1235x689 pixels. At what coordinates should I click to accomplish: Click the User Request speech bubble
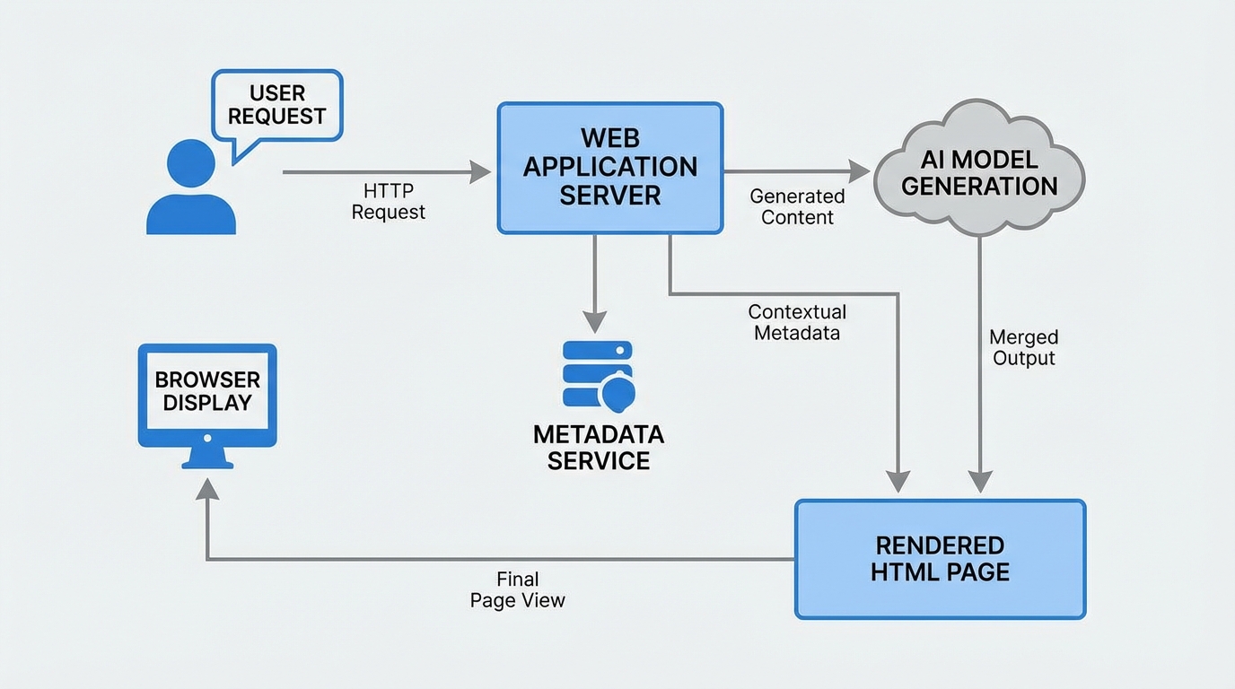coord(276,105)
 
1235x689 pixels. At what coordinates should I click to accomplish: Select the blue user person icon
coord(191,190)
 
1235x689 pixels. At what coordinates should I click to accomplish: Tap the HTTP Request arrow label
coord(388,202)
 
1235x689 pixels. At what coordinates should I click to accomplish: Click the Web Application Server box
coord(609,168)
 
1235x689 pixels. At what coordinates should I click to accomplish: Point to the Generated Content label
coord(797,206)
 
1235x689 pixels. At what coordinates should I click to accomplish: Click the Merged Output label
coord(1023,348)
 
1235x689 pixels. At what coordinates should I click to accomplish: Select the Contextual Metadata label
coord(797,322)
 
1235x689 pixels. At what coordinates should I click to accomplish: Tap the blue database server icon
coord(598,374)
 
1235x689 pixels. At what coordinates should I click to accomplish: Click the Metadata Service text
coord(598,448)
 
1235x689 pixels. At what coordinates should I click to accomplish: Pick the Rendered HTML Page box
coord(940,559)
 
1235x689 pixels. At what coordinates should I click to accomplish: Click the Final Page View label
coord(518,590)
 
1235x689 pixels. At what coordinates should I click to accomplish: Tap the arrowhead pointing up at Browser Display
coord(207,489)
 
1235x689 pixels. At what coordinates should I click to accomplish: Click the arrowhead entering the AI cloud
coord(859,171)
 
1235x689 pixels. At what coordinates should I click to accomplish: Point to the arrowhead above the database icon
coord(594,322)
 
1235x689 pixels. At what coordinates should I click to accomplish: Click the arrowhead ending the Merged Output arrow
coord(979,482)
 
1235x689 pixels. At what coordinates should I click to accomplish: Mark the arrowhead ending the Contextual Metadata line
coord(898,482)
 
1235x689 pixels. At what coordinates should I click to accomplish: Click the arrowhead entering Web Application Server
coord(480,172)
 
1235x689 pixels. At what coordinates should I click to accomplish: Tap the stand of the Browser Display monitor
coord(207,458)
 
